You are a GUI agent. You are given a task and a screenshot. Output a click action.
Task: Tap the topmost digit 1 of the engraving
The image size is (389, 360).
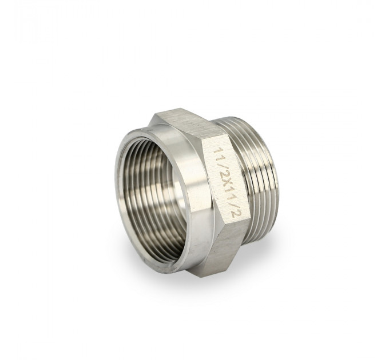pyautogui.click(x=219, y=150)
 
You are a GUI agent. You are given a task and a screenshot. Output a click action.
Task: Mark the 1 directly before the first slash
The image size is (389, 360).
pyautogui.click(x=220, y=157)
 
